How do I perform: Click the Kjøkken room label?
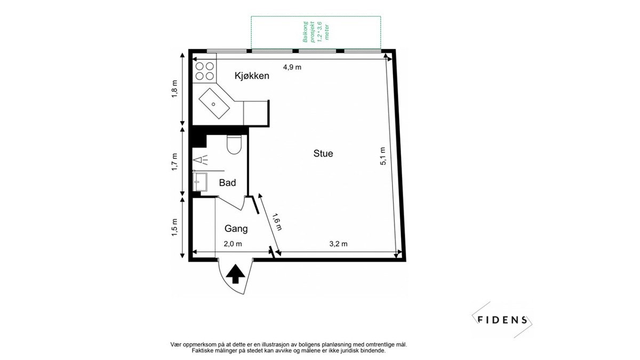coord(252,76)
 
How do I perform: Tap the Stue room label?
coord(323,154)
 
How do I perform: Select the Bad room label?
coord(228,183)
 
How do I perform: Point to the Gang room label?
coord(236,229)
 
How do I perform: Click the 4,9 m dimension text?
coord(292,67)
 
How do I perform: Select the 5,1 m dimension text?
coord(383,156)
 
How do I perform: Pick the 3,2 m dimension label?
coord(338,244)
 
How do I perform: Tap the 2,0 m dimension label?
coord(233,244)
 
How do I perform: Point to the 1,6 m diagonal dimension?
coord(276,222)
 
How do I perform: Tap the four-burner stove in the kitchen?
coord(205,72)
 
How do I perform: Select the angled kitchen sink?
coord(216,103)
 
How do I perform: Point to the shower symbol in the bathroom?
coord(201,159)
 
